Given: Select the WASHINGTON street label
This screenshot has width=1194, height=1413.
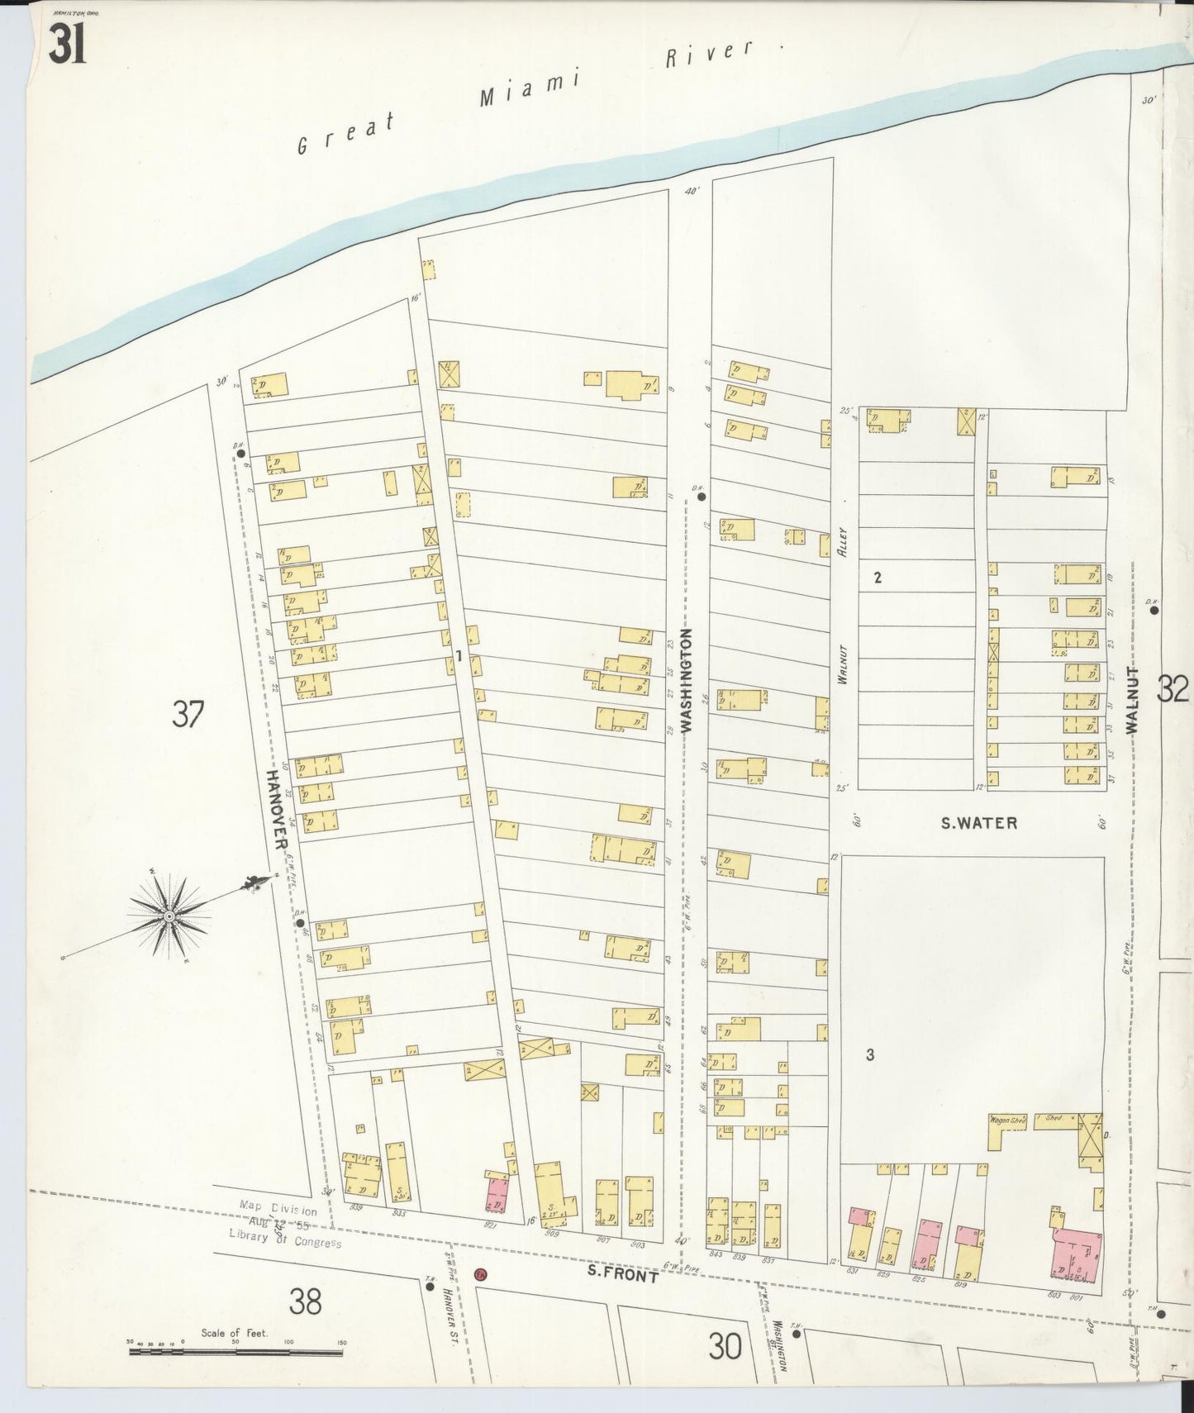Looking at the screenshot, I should [x=686, y=680].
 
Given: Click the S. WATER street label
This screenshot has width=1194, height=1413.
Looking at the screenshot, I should [x=979, y=823].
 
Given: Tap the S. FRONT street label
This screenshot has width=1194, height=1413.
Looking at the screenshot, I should [x=622, y=1276].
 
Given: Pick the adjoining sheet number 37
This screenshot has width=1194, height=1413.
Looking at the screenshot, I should [x=188, y=713].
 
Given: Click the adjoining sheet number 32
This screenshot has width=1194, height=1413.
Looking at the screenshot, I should [x=1172, y=688].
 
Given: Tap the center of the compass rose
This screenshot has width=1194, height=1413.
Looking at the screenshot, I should [x=169, y=916].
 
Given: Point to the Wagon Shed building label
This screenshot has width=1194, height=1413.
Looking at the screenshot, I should [x=1007, y=1120].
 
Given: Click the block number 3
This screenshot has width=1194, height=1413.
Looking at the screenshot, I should [x=870, y=1054].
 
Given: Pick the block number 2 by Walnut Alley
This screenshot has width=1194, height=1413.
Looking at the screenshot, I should [x=878, y=578].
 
